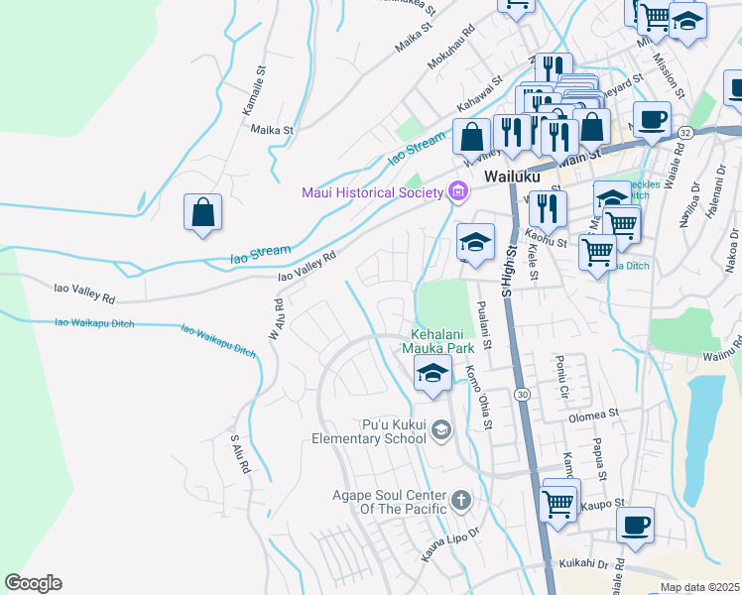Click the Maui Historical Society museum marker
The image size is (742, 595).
[x=457, y=191]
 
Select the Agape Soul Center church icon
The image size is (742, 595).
[x=461, y=499]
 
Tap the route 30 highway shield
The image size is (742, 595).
[x=521, y=394]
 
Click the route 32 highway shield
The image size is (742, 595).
[x=685, y=131]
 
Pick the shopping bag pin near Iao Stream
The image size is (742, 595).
[x=202, y=212]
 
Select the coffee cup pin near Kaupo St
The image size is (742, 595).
[x=635, y=524]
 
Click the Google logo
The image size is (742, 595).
[x=33, y=583]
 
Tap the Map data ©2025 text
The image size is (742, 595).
[x=699, y=587]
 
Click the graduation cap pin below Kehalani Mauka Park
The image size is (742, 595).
[x=433, y=375]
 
